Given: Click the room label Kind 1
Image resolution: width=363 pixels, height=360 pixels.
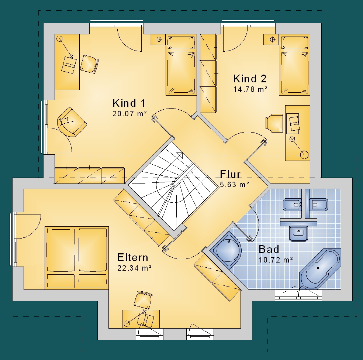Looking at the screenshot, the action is point(129,103).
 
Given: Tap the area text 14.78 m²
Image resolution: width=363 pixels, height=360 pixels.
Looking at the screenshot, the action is point(250,89).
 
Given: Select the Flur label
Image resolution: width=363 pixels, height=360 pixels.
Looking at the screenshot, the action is point(230,174).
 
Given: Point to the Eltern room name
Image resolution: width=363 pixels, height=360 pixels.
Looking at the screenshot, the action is point(133,257).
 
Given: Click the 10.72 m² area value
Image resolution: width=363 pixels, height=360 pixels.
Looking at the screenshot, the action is point(276,260).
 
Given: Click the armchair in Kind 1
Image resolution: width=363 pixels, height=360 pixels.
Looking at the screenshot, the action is point(72,121).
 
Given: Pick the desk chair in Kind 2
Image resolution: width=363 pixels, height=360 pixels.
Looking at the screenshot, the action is point(274,123).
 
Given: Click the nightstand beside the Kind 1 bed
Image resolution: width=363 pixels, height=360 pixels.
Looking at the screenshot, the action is point(158,40).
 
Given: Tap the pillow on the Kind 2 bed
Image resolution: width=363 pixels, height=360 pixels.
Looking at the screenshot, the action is point(294,43).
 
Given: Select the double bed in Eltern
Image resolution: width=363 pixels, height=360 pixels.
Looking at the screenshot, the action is point(77,258).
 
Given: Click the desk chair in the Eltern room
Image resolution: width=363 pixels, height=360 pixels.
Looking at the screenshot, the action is point(143,300).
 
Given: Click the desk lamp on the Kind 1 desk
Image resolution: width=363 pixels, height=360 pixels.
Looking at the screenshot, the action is point(66,48).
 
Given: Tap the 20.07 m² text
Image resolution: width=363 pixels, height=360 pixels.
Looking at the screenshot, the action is point(129,114).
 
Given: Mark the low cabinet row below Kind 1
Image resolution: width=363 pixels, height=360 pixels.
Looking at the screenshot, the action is point(90,176).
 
